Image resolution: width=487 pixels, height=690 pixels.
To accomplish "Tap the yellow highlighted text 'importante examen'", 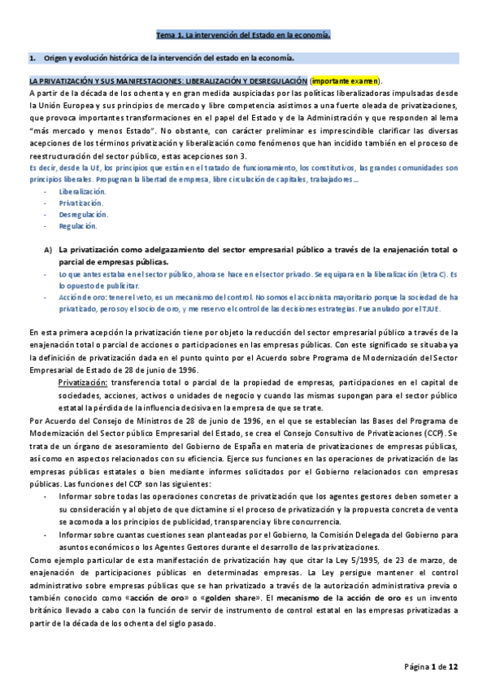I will tap(345, 81).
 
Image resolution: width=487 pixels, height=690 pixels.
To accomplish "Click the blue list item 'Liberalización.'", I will tap(82, 190).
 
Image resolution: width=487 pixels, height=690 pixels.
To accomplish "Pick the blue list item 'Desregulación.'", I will tap(82, 214).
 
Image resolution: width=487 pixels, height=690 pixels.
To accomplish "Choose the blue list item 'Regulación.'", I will tap(78, 226).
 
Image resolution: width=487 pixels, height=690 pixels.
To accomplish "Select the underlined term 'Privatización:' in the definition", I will tap(85, 382).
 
